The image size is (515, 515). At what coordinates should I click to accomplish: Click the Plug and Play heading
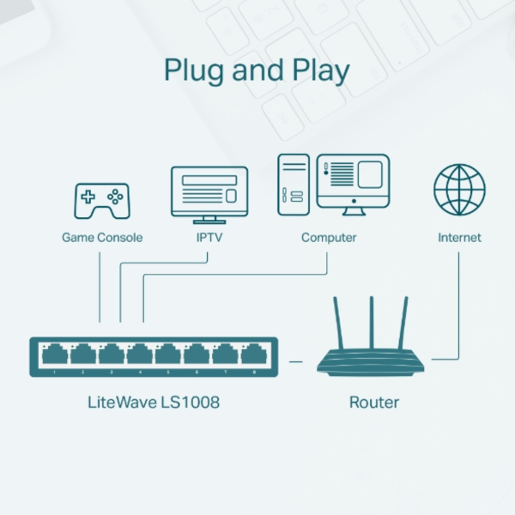point(257,70)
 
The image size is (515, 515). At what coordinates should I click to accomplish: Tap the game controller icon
point(101,200)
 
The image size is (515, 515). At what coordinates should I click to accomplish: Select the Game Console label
point(102,238)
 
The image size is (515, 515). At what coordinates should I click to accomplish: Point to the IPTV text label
point(209,238)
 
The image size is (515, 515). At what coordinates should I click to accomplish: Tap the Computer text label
point(329,238)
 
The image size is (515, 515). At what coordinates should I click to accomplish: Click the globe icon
point(459,190)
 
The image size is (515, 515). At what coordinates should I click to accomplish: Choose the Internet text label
point(459,238)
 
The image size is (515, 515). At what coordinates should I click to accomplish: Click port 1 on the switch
point(54,354)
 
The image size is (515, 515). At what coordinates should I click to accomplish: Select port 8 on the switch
point(252,354)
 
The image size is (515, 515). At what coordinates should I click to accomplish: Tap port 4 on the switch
point(139,354)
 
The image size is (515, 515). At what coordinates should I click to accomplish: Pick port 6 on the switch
point(196,354)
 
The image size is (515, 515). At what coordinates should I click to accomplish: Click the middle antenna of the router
point(372,322)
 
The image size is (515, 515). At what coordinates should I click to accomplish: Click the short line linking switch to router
point(296,361)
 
